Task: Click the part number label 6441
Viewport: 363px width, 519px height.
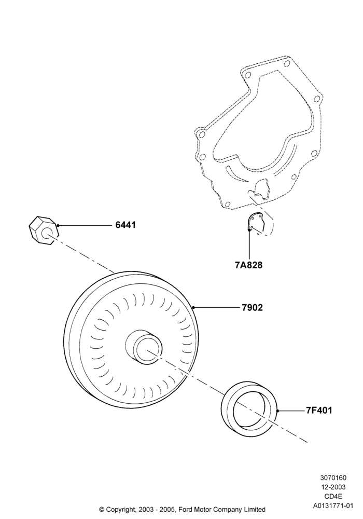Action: pyautogui.click(x=125, y=225)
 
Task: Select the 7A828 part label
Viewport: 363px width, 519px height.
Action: pyautogui.click(x=248, y=265)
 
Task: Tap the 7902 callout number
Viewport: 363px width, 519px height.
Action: pyautogui.click(x=252, y=307)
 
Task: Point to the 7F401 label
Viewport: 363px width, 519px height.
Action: pyautogui.click(x=319, y=411)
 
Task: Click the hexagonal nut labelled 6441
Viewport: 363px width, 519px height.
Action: pyautogui.click(x=44, y=231)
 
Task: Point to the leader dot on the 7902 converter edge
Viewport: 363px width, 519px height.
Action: pyautogui.click(x=193, y=307)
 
